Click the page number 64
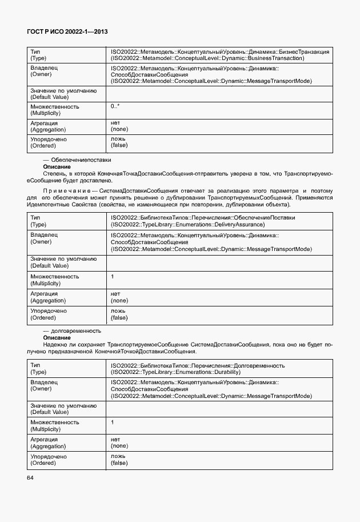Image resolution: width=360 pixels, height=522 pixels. tap(30, 477)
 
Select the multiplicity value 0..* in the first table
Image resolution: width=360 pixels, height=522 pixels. tap(115, 107)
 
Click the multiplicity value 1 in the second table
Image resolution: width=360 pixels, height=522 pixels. tap(113, 276)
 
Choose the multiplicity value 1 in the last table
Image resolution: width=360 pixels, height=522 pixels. tap(113, 422)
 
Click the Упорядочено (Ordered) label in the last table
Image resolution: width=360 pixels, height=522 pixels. tap(49, 460)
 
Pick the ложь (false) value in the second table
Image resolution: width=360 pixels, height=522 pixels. tap(119, 314)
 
